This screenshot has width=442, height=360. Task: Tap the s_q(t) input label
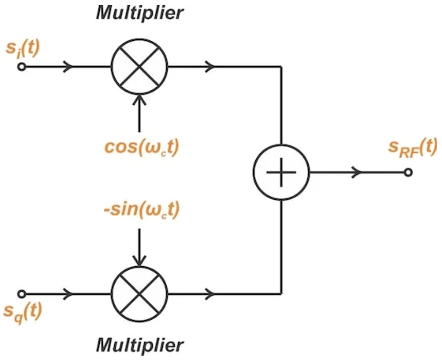[22, 312]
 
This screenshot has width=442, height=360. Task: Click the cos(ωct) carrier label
[142, 147]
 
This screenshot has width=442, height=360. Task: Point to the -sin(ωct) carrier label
[141, 211]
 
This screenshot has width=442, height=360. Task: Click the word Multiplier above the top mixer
[140, 12]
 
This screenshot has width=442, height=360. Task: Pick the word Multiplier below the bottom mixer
[140, 344]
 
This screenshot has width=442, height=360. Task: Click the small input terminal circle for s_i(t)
[21, 67]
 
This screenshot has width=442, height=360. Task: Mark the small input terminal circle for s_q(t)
[21, 294]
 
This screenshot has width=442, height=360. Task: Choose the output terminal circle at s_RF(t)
[408, 172]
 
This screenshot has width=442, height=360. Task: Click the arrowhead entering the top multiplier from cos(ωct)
[139, 100]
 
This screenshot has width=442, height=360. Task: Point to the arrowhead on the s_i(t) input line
[68, 67]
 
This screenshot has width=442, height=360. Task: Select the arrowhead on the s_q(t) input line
[68, 294]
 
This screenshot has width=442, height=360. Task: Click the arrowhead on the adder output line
[357, 172]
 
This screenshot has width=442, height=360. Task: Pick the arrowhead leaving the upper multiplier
[211, 67]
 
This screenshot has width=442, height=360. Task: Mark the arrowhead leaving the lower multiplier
[211, 294]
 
